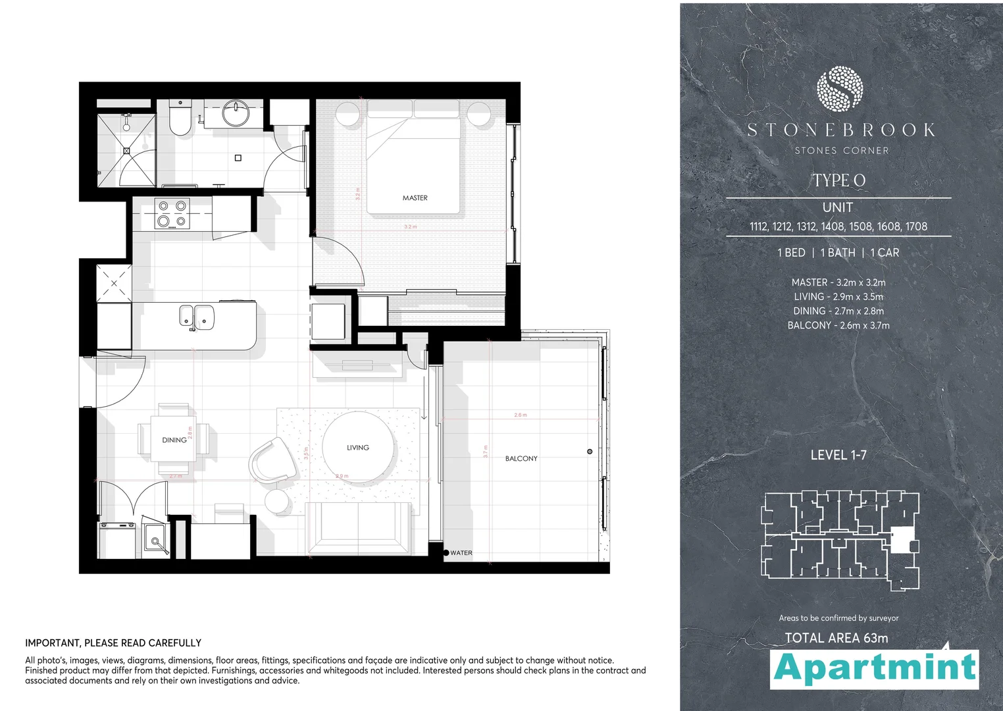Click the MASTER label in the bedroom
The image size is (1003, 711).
[415, 197]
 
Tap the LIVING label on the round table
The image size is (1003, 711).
[358, 448]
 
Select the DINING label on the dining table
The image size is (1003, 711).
[174, 440]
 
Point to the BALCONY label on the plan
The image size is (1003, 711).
[521, 458]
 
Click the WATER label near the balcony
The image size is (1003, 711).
[461, 553]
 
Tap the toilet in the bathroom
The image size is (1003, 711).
[179, 118]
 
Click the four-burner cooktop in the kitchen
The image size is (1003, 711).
[172, 213]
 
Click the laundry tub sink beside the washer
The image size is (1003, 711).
[156, 540]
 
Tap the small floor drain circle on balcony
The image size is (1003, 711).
[590, 452]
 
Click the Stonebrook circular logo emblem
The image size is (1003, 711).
[839, 88]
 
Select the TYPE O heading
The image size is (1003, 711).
[838, 180]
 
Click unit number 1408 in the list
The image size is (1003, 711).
[833, 226]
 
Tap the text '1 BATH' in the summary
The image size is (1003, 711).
[838, 253]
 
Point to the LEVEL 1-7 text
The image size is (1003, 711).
[838, 455]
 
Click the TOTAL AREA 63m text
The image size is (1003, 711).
[836, 638]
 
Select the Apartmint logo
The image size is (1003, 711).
[875, 669]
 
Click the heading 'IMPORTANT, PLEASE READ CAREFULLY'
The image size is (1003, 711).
[113, 643]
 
